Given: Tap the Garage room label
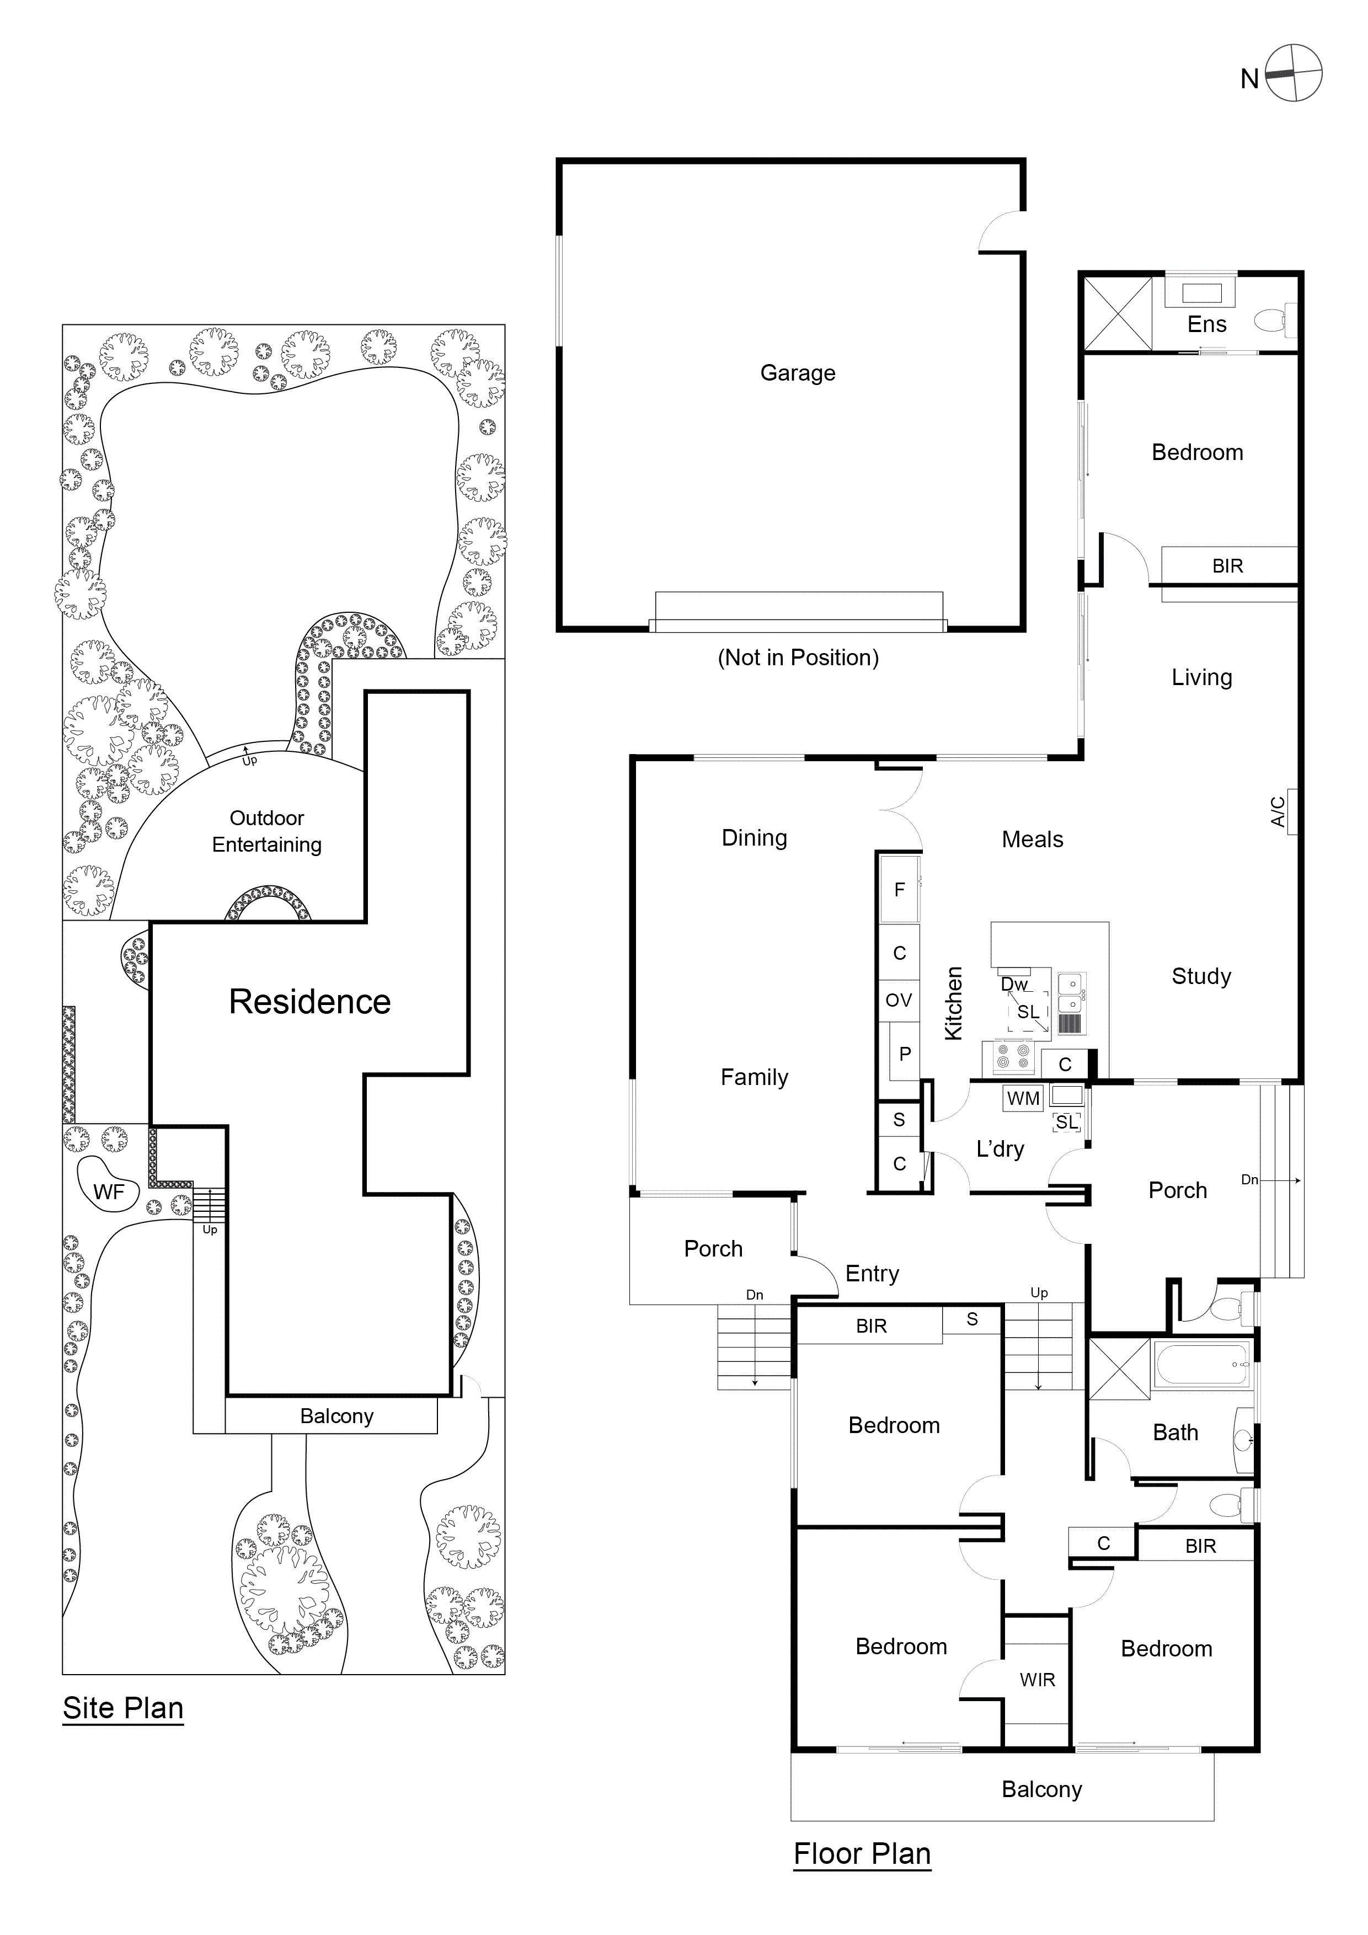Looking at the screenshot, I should click(x=798, y=372).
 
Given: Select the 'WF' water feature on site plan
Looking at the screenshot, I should click(x=108, y=1191).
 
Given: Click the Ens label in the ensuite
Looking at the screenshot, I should click(x=1206, y=324).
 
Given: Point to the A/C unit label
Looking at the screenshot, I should click(x=1279, y=811).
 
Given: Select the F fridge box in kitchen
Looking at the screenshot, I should click(x=899, y=889).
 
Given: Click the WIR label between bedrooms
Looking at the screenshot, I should click(x=1036, y=1680).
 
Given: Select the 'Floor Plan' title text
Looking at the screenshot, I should click(x=862, y=1853).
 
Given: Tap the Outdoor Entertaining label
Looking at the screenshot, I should click(x=266, y=831).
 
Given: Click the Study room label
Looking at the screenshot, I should click(x=1201, y=976).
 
